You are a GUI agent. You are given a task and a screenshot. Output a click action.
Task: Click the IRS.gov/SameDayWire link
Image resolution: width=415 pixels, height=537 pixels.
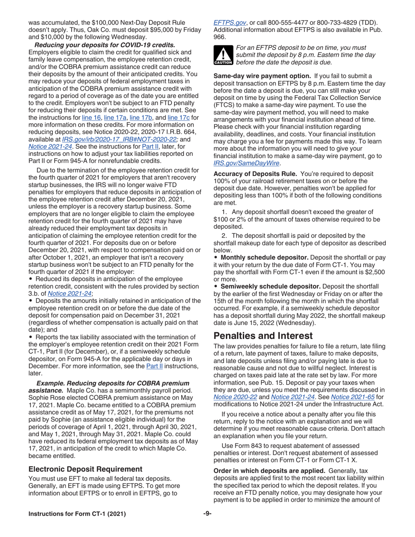[x=246, y=163]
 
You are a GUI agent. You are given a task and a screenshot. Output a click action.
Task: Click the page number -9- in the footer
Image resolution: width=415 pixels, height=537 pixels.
[x=207, y=514]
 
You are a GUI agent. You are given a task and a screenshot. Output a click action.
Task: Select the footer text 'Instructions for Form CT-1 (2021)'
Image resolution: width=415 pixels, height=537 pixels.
[x=77, y=514]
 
